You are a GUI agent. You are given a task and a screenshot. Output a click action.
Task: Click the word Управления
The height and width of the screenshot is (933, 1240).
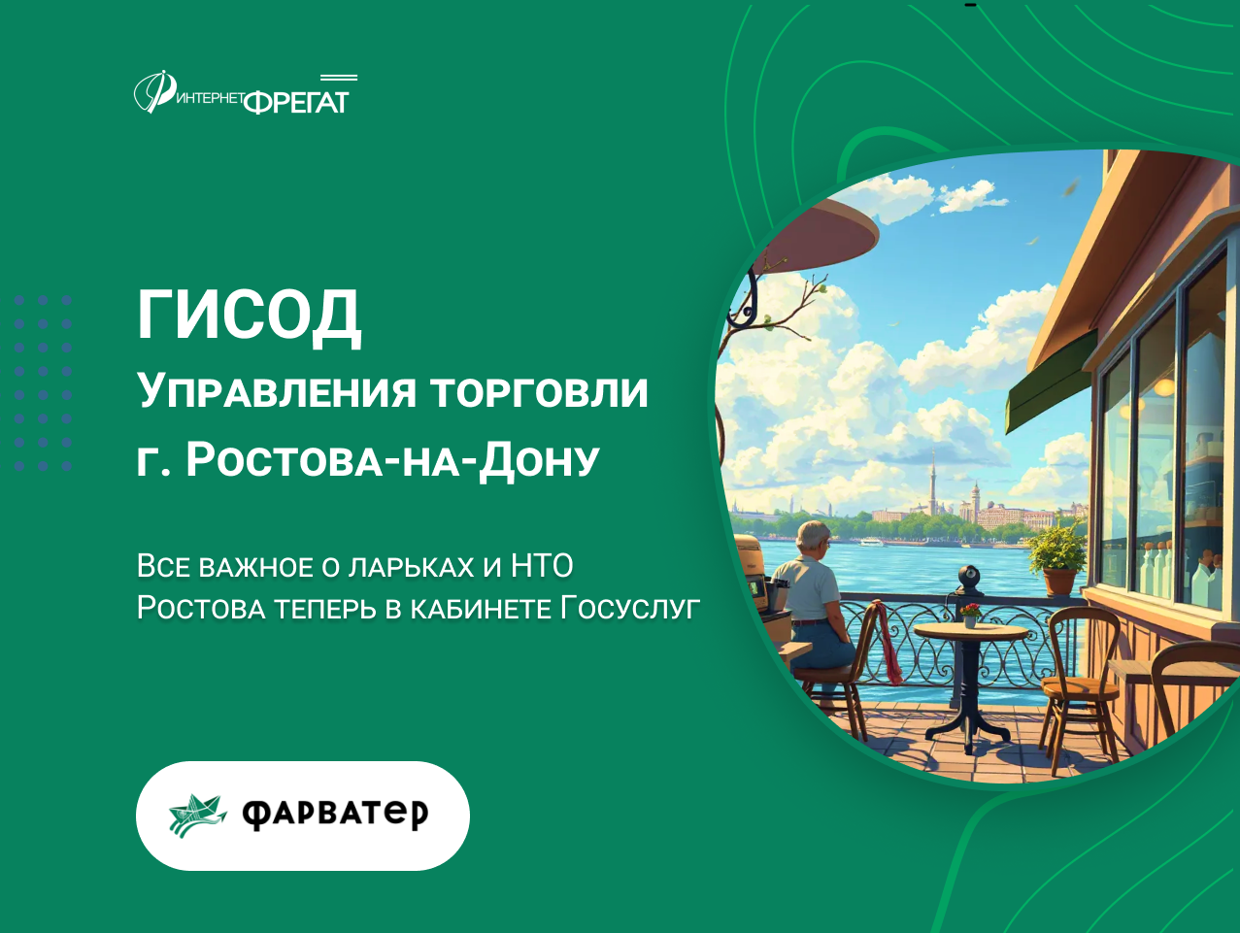click(x=277, y=391)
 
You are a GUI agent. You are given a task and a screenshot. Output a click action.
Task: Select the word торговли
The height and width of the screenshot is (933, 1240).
click(x=540, y=391)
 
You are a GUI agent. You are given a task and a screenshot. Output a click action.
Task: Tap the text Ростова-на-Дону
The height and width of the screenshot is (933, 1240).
click(x=392, y=460)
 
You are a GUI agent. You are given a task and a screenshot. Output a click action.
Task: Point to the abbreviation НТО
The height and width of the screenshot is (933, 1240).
click(x=543, y=566)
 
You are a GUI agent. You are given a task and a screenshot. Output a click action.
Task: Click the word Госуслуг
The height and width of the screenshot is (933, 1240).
click(x=630, y=609)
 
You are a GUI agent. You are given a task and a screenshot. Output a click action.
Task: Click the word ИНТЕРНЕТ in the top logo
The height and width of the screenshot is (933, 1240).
click(x=210, y=98)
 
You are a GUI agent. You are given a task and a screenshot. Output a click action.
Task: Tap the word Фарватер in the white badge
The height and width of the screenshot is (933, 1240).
click(x=335, y=814)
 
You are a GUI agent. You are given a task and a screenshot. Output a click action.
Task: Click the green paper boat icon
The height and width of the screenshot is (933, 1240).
click(x=197, y=816)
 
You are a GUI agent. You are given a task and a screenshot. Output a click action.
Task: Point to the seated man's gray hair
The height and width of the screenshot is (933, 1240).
click(x=813, y=534)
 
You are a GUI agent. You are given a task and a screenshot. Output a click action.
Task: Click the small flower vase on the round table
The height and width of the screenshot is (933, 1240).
click(x=970, y=616)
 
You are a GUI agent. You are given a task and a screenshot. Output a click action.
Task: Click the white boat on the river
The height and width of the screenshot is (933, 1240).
click(x=872, y=543)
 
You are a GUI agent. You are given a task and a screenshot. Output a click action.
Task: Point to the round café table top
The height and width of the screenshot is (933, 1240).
click(x=970, y=631)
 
